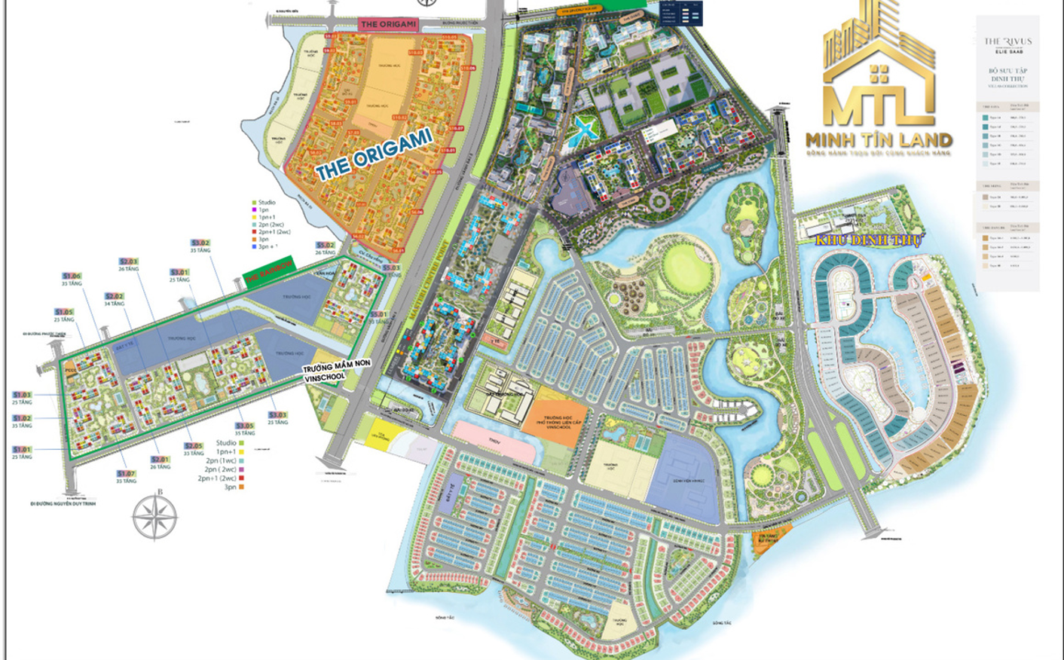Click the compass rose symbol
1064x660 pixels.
pyautogui.click(x=154, y=518)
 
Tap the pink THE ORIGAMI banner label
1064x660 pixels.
pyautogui.click(x=388, y=24)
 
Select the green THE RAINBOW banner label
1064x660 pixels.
pyautogui.click(x=269, y=273)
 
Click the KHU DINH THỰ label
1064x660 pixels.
pyautogui.click(x=868, y=240)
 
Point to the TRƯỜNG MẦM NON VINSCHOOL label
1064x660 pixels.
pyautogui.click(x=337, y=371)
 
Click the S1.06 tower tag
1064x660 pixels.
pyautogui.click(x=72, y=277)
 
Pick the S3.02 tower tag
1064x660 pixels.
pyautogui.click(x=200, y=243)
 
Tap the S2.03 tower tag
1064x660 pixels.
pyautogui.click(x=128, y=261)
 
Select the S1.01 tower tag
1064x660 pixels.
pyautogui.click(x=22, y=395)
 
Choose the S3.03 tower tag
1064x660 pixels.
pyautogui.click(x=277, y=415)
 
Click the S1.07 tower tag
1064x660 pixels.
pyautogui.click(x=126, y=474)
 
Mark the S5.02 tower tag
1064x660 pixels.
pyautogui.click(x=325, y=246)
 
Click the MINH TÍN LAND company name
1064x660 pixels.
pyautogui.click(x=879, y=140)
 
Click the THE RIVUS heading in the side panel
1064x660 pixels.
pyautogui.click(x=1007, y=41)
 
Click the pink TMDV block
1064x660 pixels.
pyautogui.click(x=494, y=442)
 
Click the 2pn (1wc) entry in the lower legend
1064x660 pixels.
pyautogui.click(x=221, y=460)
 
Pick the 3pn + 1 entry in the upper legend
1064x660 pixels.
pyautogui.click(x=268, y=246)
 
